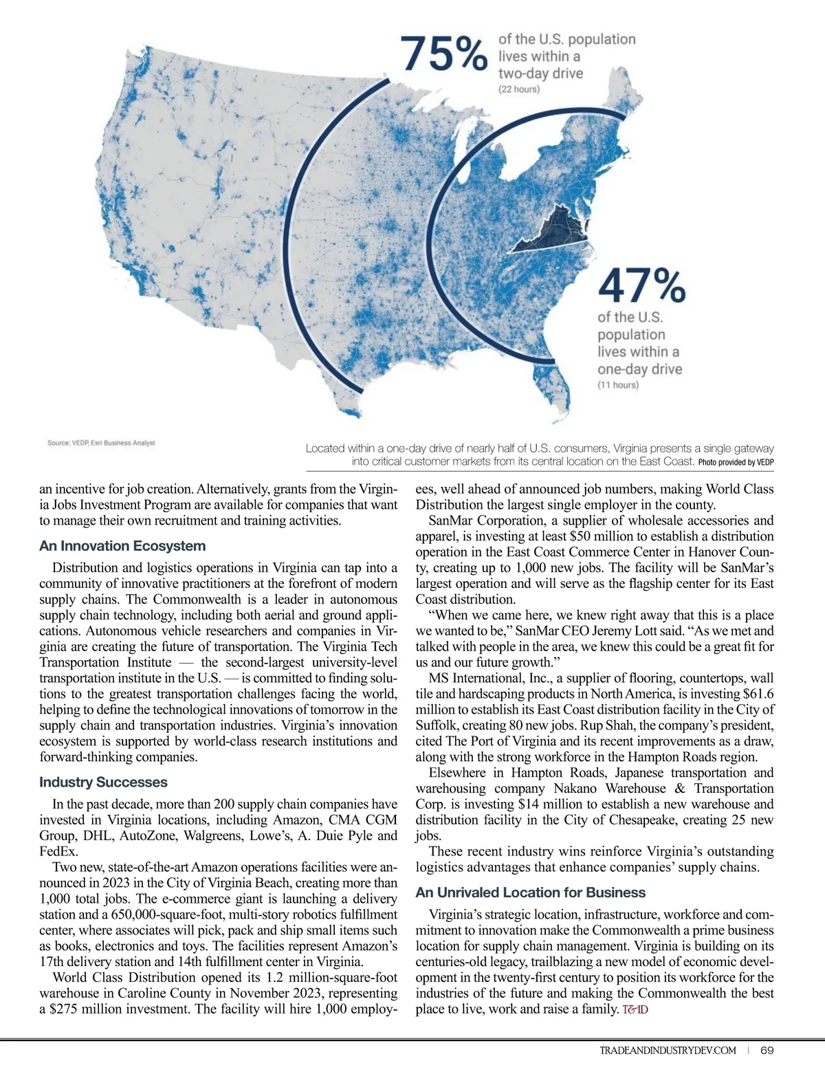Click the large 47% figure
pyautogui.click(x=641, y=285)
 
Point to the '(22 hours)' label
pyautogui.click(x=519, y=89)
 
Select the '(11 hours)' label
pyautogui.click(x=617, y=385)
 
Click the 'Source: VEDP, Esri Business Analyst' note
pyautogui.click(x=101, y=443)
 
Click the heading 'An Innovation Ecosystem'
pyautogui.click(x=122, y=546)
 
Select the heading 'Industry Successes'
pyautogui.click(x=103, y=782)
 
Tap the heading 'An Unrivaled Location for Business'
pyautogui.click(x=530, y=893)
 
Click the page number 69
pyautogui.click(x=767, y=1050)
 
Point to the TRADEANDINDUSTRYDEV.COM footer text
pyautogui.click(x=668, y=1050)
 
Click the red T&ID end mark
pyautogui.click(x=635, y=1009)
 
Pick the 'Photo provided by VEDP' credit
pyautogui.click(x=736, y=462)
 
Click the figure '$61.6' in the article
pyautogui.click(x=759, y=694)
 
